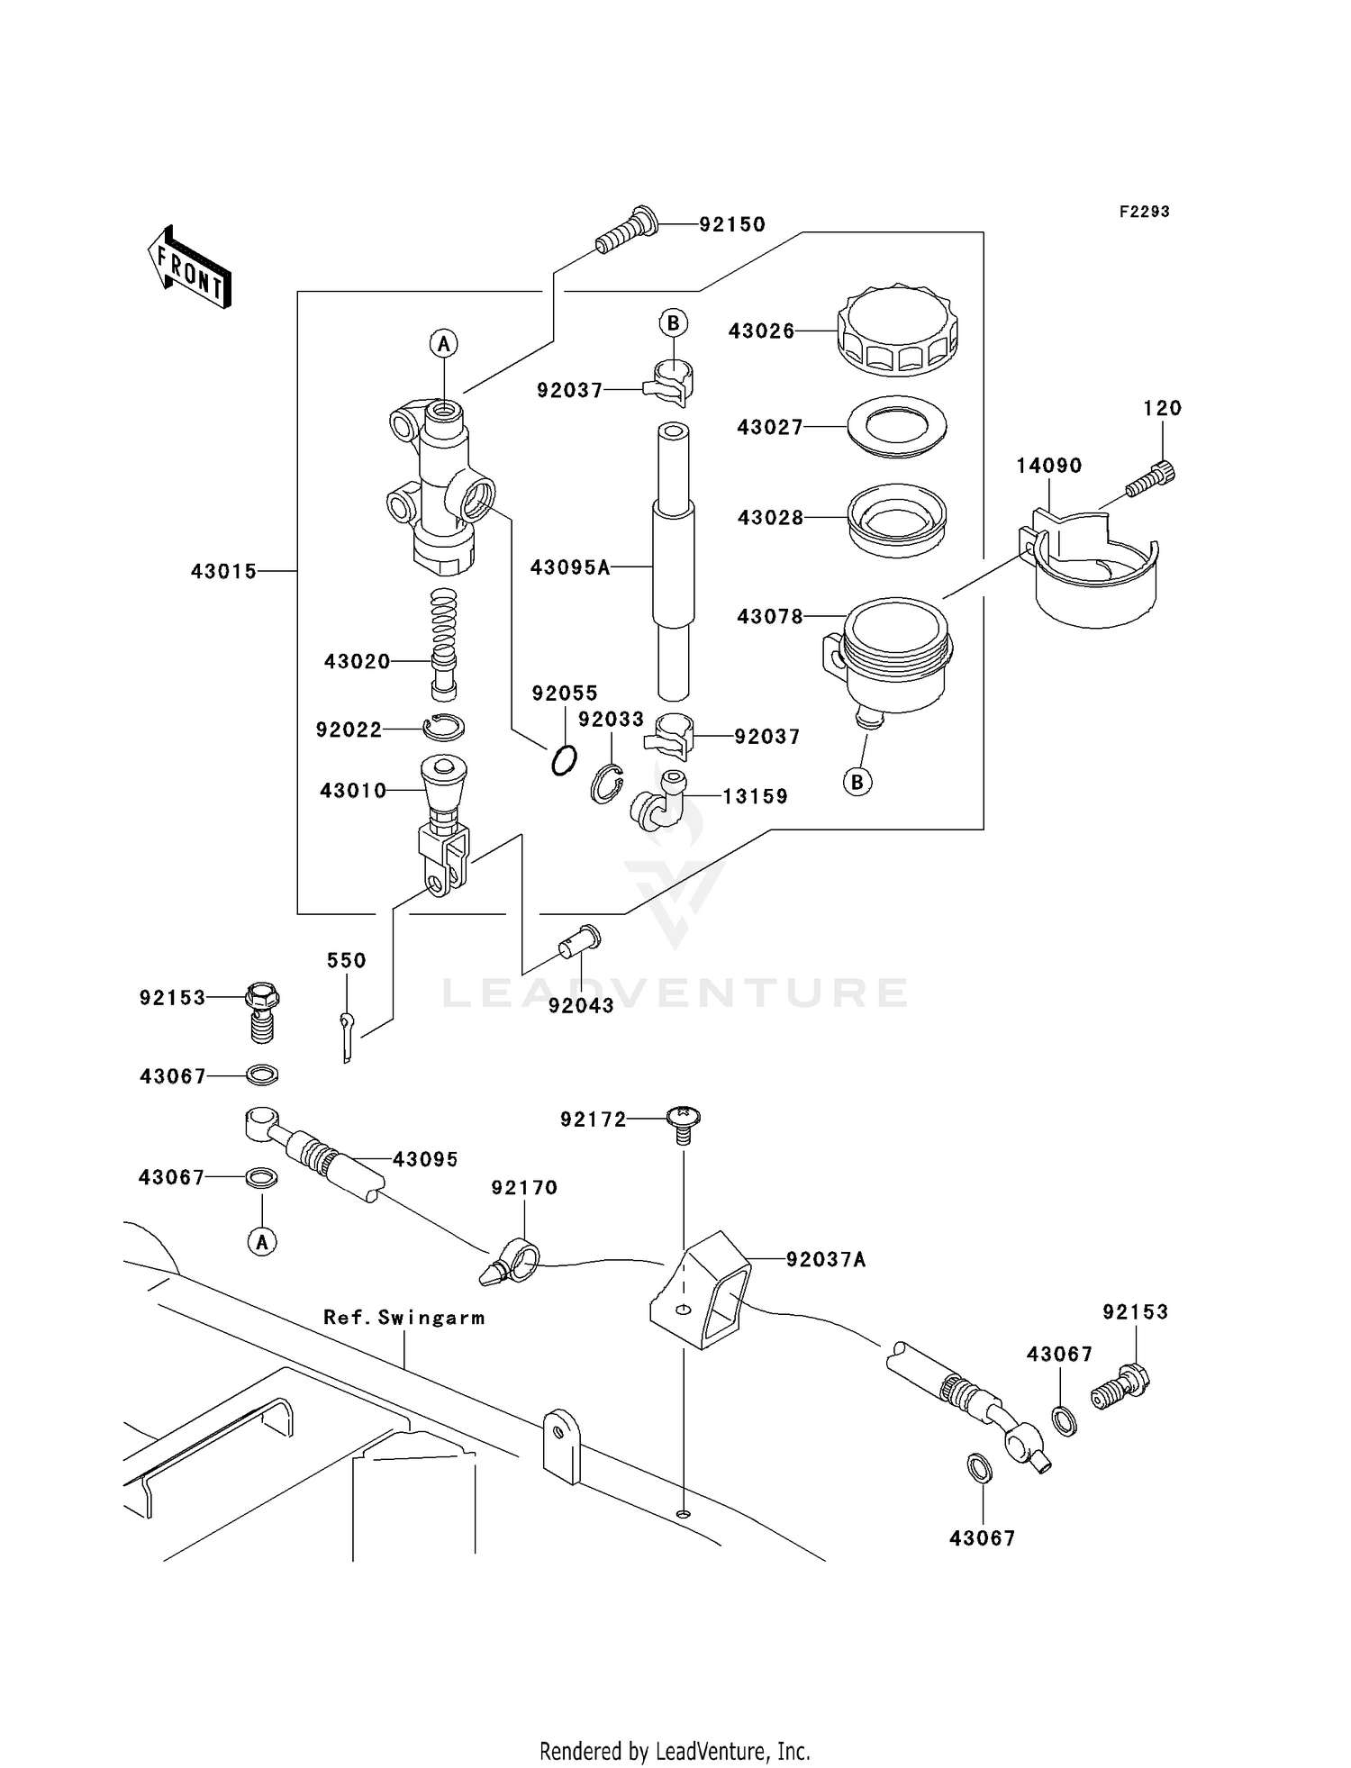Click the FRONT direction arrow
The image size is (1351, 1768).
(190, 267)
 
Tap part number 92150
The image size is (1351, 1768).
(731, 224)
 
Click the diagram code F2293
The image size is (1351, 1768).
(1144, 212)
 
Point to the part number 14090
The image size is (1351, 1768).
(1048, 466)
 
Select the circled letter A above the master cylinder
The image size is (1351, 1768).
(443, 343)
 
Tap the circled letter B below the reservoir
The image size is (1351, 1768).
(857, 782)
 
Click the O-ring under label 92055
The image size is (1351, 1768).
(564, 761)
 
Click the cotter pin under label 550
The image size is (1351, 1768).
(348, 1037)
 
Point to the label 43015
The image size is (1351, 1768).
(223, 571)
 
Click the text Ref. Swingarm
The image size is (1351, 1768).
(403, 1318)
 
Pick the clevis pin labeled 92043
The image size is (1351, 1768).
(580, 942)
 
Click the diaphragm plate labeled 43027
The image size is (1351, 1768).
(896, 426)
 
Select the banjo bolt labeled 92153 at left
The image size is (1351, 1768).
(261, 1011)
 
